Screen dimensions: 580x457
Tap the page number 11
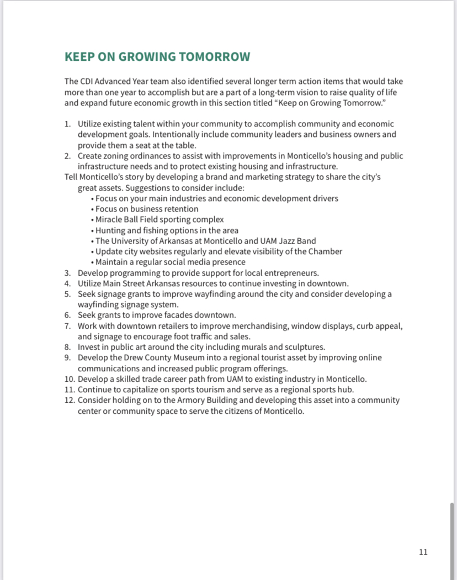423,552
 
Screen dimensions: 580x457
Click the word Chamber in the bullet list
326,251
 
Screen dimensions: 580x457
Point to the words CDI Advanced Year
110,82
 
